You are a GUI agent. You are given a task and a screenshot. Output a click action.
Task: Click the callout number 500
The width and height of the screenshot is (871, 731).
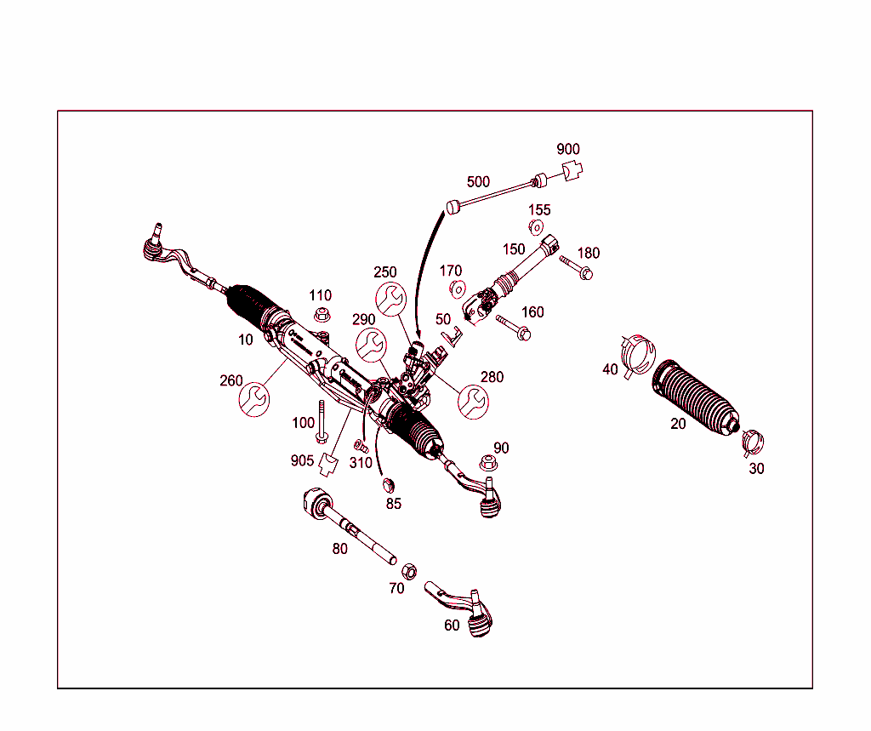point(478,181)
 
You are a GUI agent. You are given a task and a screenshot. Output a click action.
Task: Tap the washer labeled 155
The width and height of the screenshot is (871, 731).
point(537,227)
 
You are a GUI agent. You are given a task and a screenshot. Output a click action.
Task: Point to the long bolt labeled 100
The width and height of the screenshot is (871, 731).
point(322,421)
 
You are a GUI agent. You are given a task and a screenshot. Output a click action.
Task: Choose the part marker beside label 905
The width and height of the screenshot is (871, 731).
point(327,463)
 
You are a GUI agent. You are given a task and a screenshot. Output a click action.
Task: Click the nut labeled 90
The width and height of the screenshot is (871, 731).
point(487,463)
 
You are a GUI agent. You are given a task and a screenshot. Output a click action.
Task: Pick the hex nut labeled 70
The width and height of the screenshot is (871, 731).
point(408,569)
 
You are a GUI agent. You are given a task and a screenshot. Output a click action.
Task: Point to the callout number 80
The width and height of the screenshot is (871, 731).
point(340,549)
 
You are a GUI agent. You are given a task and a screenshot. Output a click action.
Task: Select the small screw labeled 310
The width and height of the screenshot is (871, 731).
point(360,445)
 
